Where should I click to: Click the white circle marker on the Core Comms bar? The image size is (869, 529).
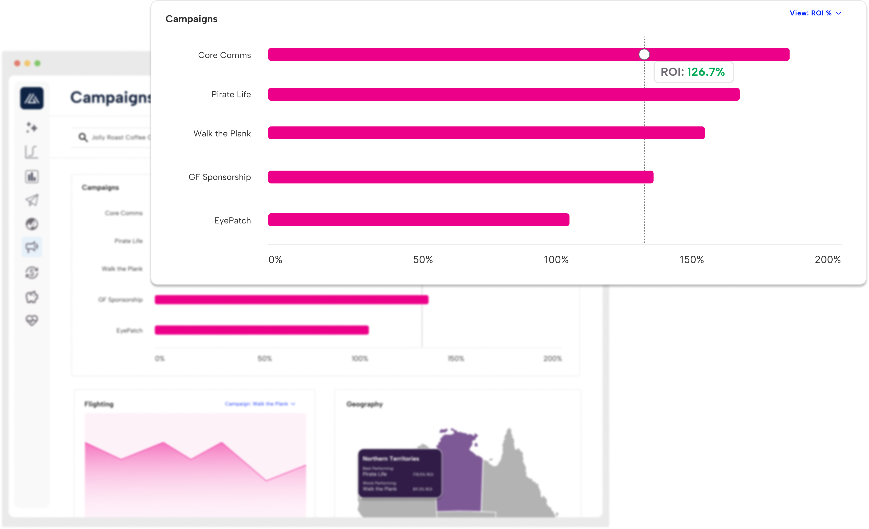coord(644,55)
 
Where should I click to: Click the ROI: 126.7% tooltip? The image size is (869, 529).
coord(693,72)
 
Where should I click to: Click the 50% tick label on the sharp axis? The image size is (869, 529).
coord(422,260)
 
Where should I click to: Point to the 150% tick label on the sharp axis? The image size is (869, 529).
coord(691,260)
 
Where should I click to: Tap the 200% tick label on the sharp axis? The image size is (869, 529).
coord(827,260)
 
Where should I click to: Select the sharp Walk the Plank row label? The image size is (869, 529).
coord(222,134)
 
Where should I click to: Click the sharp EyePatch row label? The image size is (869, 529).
coord(232,220)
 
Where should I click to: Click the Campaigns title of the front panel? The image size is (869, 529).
coord(192,19)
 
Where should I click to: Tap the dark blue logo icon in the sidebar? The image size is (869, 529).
coord(32,98)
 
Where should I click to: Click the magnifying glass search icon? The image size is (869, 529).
coord(83,137)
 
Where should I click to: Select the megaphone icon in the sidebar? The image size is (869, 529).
coord(32,247)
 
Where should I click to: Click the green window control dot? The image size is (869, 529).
coord(38,63)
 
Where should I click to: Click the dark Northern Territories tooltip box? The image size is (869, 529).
coord(399,473)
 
